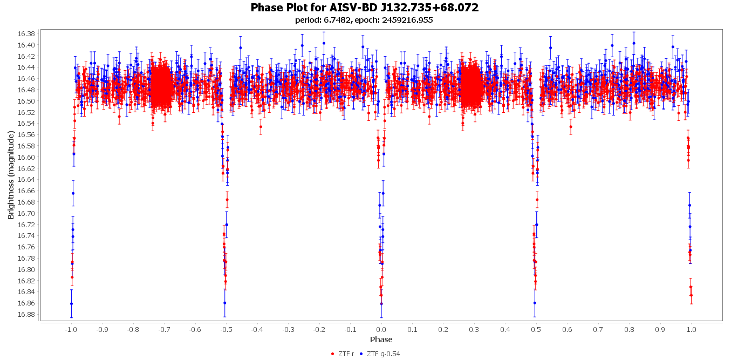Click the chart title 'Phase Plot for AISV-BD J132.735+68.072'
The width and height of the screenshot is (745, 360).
click(x=365, y=8)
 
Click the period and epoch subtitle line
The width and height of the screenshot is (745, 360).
click(x=364, y=20)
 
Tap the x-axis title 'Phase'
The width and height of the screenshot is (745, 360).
click(x=381, y=339)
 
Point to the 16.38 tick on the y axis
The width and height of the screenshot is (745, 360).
click(x=27, y=33)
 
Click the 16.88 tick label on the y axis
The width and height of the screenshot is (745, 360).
click(x=27, y=314)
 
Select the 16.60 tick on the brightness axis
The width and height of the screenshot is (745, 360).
click(x=27, y=157)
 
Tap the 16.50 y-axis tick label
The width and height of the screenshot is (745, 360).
click(x=27, y=101)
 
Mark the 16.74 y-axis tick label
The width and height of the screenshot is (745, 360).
click(x=27, y=235)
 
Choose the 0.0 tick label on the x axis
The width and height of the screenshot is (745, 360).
click(x=381, y=329)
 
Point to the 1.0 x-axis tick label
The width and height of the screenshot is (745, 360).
click(x=691, y=329)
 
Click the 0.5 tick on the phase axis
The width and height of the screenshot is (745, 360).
click(x=536, y=329)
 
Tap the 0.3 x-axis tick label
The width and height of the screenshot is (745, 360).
click(x=474, y=329)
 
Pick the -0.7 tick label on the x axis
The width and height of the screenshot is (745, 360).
click(x=163, y=329)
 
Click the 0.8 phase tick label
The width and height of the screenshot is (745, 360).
click(x=629, y=329)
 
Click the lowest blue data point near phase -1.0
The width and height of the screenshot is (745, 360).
click(x=71, y=304)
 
